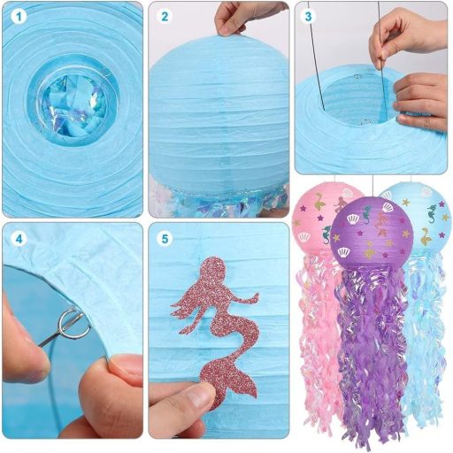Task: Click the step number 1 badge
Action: (19, 17)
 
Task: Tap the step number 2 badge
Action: (165, 17)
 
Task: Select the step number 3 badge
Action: (308, 17)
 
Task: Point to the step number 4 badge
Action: (19, 239)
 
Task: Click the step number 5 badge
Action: (165, 239)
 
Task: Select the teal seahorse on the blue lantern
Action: (432, 214)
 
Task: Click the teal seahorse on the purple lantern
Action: (366, 215)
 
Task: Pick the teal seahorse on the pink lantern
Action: (326, 234)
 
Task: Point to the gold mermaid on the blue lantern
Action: (425, 236)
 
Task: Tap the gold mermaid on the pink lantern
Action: (319, 201)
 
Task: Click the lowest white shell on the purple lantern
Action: (344, 252)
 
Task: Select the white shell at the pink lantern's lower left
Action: (303, 236)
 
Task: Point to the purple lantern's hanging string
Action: (373, 186)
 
